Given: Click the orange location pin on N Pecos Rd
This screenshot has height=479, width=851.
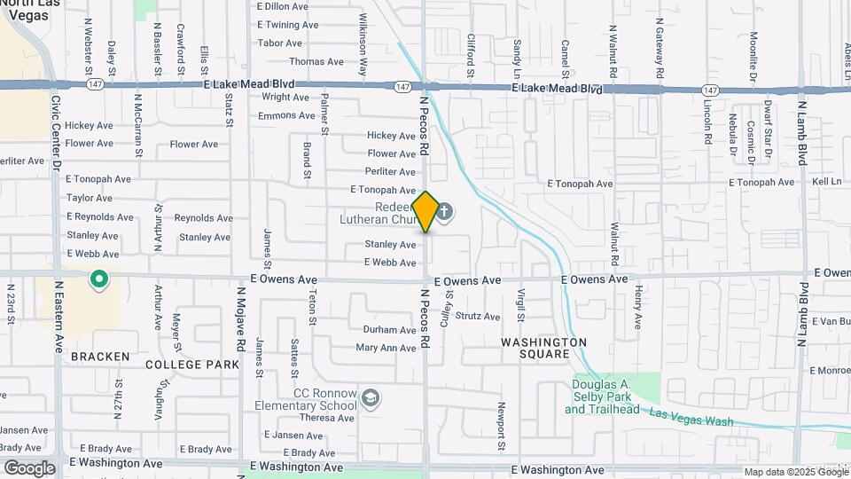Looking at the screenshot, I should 425,212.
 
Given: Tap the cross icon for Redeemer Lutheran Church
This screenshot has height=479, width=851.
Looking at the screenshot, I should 444,212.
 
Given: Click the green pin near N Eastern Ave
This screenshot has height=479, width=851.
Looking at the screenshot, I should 99,281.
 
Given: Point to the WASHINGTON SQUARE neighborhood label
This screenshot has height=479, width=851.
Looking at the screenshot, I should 545,348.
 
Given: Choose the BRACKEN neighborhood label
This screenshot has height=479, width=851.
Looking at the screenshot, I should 101,357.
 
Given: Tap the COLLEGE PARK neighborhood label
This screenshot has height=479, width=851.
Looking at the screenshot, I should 192,365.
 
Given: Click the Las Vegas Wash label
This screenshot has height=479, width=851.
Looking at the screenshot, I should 691,417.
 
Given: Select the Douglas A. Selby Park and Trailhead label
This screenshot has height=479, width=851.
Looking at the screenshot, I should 602,397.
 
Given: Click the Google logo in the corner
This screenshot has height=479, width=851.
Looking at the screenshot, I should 29,468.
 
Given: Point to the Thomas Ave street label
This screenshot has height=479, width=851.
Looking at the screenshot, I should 316,62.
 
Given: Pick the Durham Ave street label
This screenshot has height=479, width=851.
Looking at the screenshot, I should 389,330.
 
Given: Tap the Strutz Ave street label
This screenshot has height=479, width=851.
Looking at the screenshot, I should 478,316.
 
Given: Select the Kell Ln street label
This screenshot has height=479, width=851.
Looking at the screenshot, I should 826,181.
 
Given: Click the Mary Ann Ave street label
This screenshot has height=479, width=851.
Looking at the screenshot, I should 386,349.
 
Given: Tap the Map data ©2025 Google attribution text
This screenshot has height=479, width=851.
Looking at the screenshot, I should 795,472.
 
